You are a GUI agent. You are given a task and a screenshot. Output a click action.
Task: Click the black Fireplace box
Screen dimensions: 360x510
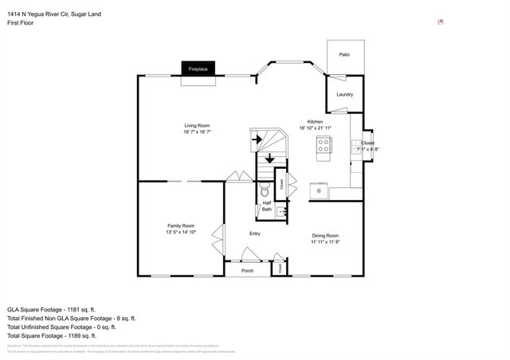(x=198, y=70)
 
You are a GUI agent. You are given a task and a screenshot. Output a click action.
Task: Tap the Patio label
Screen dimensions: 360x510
(x=344, y=55)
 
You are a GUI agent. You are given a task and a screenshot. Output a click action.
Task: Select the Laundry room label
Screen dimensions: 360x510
(x=344, y=95)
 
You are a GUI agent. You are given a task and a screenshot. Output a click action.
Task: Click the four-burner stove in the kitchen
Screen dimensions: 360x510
(x=324, y=145)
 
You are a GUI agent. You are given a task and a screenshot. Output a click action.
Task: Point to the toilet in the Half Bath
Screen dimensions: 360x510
(x=265, y=191)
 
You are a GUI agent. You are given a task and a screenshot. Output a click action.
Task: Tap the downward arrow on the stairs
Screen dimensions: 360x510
(x=270, y=159)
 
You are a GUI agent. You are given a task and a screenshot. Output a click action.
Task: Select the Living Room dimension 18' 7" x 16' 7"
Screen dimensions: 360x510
(x=197, y=131)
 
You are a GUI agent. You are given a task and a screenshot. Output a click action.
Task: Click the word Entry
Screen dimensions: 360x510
(x=255, y=233)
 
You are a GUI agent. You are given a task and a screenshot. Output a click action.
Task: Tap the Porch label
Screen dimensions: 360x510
(x=248, y=271)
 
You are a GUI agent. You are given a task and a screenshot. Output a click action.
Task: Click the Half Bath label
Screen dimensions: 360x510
(x=267, y=206)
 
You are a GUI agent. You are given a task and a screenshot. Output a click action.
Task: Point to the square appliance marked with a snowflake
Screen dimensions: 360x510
(x=319, y=190)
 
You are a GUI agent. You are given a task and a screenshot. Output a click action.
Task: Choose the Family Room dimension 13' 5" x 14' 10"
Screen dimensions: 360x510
(x=181, y=233)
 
